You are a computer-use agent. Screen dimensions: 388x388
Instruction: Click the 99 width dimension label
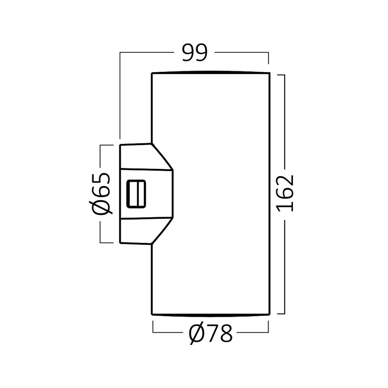(194, 52)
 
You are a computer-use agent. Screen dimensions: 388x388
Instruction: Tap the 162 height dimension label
(285, 193)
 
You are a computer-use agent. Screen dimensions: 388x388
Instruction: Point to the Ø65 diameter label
(100, 193)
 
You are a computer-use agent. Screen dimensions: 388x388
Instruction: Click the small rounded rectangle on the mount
(136, 194)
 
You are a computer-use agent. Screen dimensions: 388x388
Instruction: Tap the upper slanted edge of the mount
(162, 157)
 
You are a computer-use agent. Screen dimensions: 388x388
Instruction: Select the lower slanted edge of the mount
(162, 231)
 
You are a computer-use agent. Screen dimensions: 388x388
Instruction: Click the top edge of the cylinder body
(210, 72)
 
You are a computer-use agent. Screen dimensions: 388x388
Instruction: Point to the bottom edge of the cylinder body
(210, 315)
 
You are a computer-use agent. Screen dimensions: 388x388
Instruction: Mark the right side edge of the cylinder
(269, 194)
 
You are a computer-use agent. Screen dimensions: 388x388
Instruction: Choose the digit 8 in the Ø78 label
(226, 334)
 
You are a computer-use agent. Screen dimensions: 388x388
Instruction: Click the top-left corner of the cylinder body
(152, 73)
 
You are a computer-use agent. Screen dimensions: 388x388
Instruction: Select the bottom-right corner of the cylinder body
(269, 314)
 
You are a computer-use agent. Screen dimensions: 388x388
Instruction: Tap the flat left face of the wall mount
(120, 194)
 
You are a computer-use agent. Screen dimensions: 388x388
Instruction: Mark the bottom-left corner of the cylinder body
(152, 314)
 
